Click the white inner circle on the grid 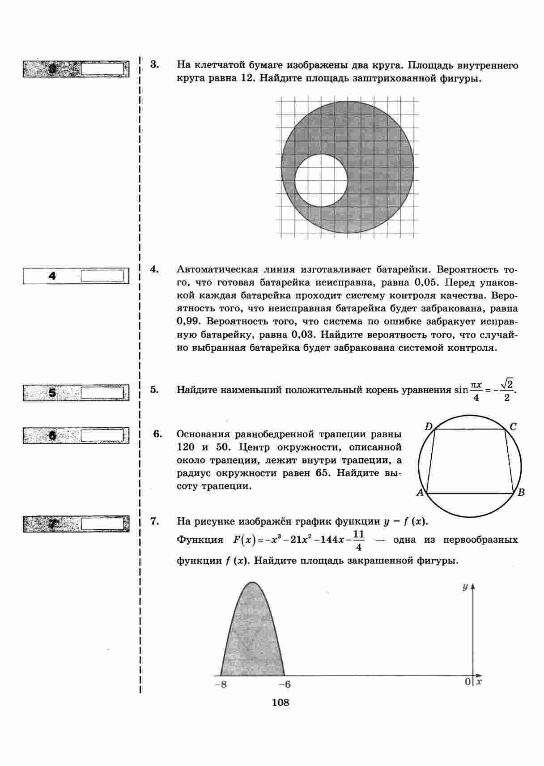point(321,180)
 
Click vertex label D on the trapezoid point(429,427)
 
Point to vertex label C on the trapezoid point(513,427)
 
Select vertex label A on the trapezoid point(420,493)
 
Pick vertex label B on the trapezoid point(521,493)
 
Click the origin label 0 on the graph point(467,681)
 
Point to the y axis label point(465,587)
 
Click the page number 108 point(280,702)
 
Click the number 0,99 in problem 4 point(187,322)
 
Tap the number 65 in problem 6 point(323,473)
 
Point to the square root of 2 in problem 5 point(507,384)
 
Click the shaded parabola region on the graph point(253,635)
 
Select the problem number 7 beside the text point(155,521)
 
